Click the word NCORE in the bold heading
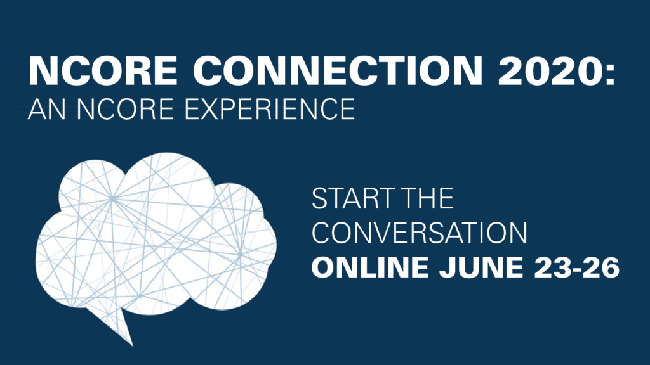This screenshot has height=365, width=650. point(103,70)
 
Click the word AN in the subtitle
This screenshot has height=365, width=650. point(46,109)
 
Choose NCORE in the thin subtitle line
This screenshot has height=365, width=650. point(125,109)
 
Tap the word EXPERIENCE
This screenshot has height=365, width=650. point(269,109)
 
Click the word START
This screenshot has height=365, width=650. point(354,198)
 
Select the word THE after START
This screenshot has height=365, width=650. point(428,198)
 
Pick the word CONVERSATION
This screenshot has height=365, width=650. point(420,233)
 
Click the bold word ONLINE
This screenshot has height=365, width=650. point(370,267)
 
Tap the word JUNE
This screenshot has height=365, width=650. point(481,267)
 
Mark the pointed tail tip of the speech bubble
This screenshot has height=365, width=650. point(133,346)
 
